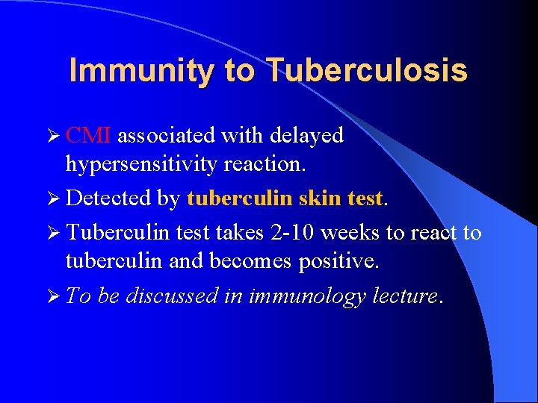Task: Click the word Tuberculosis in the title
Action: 366,71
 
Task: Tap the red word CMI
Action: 88,136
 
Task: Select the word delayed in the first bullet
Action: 307,136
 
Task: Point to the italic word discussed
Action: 173,296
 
